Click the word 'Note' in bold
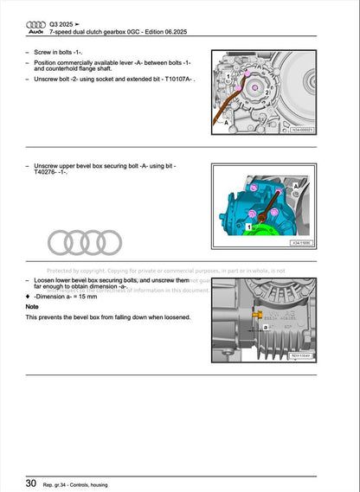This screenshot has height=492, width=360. [x=32, y=306]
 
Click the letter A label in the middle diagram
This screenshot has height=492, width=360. [x=296, y=185]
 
